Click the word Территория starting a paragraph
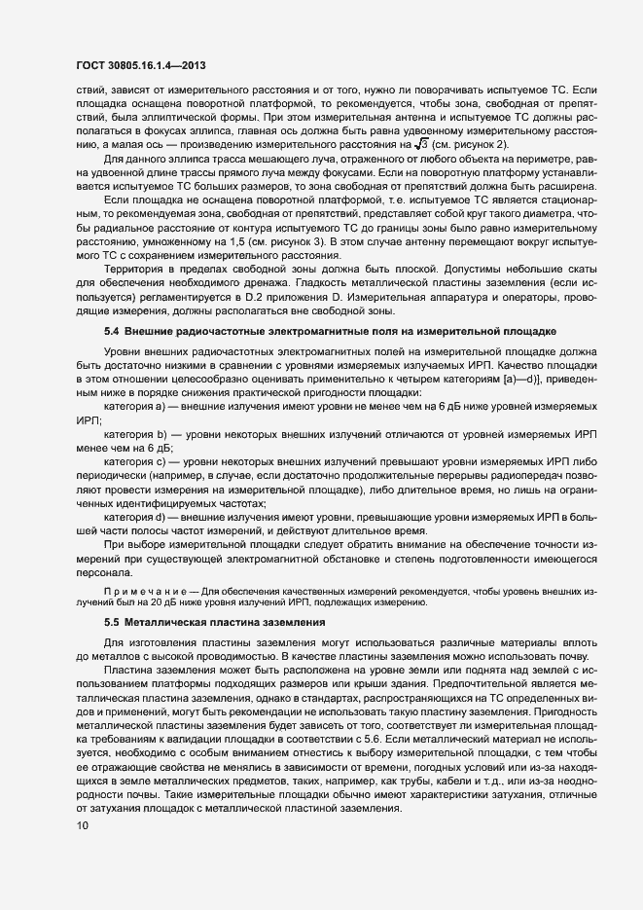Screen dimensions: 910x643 coord(134,273)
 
